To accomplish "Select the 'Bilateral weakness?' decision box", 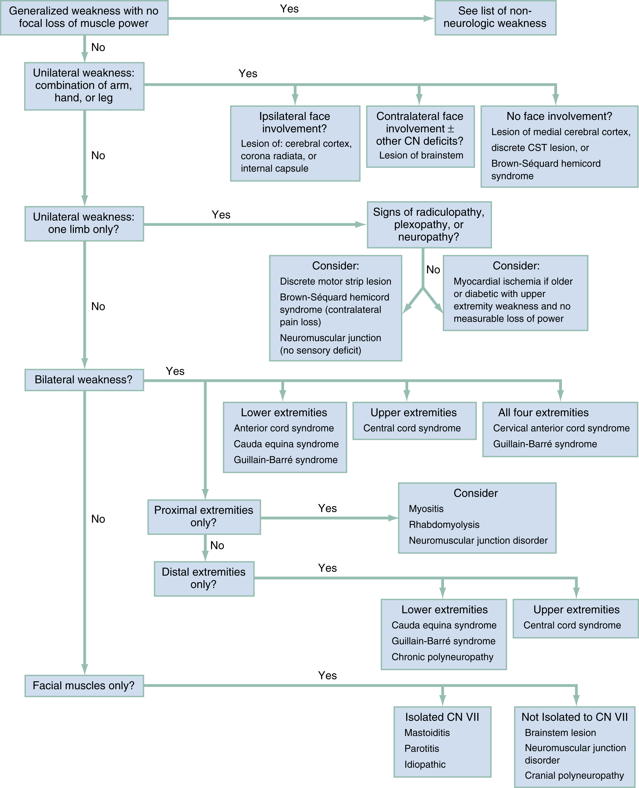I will (x=84, y=380).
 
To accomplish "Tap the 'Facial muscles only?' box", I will (x=84, y=686).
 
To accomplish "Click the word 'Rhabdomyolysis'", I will (x=444, y=525).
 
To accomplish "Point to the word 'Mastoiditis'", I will (x=427, y=733).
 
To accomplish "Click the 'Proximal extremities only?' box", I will (x=204, y=517).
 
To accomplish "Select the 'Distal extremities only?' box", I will (x=204, y=578).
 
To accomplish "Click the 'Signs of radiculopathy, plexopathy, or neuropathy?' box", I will (x=429, y=224).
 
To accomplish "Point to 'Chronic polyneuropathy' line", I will (x=442, y=657).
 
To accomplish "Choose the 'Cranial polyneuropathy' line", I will (x=574, y=775).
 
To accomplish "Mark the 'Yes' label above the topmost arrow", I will (x=289, y=9).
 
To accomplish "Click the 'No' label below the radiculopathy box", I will (x=433, y=270).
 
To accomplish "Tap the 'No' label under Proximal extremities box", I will (x=217, y=545).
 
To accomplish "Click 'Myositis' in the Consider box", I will (x=426, y=509).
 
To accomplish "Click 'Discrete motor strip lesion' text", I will (x=335, y=281).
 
